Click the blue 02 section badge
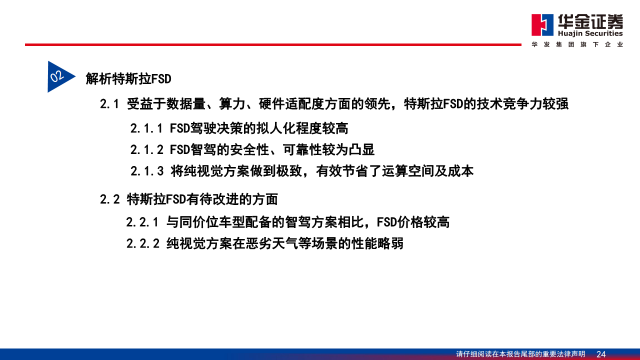click(x=58, y=76)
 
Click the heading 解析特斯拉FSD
click(x=128, y=78)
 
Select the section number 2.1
click(x=109, y=104)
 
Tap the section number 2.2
click(x=109, y=199)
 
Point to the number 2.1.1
click(x=146, y=128)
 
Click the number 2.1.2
click(x=146, y=149)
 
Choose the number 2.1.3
click(x=146, y=171)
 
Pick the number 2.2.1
click(x=142, y=222)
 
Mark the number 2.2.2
click(x=142, y=243)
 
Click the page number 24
click(x=601, y=354)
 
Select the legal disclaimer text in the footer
click(x=520, y=354)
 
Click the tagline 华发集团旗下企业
click(x=577, y=44)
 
